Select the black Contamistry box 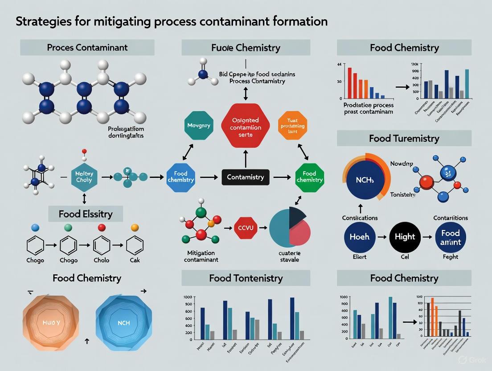coord(246,177)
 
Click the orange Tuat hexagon coord(292,126)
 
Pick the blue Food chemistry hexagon coord(180,177)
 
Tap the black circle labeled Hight coord(405,237)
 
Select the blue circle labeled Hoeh coord(359,237)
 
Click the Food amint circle coord(451,237)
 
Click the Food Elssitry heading coord(86,214)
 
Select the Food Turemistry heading coord(404,139)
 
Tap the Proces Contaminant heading coord(87,47)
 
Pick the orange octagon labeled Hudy coord(51,322)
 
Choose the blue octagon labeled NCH coord(124,322)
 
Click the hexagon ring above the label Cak coord(135,245)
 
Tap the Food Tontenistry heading coord(246,278)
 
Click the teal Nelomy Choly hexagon coord(84,177)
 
